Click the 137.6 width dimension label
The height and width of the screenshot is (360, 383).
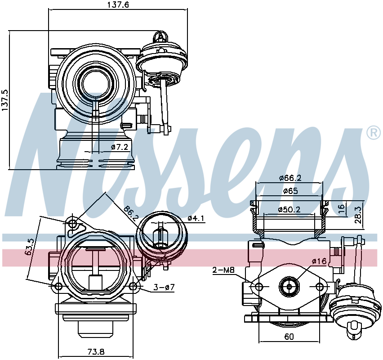[118, 4]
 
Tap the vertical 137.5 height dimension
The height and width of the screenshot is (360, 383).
[5, 100]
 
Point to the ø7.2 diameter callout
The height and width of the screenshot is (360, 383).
[119, 147]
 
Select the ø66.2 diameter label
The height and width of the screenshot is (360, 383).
[290, 178]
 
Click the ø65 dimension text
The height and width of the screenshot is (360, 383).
[290, 191]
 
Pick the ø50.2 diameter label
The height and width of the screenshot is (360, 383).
[289, 209]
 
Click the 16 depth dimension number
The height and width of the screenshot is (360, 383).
[342, 208]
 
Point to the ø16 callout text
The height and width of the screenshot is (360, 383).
[319, 261]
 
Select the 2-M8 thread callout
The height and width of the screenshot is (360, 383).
[223, 270]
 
